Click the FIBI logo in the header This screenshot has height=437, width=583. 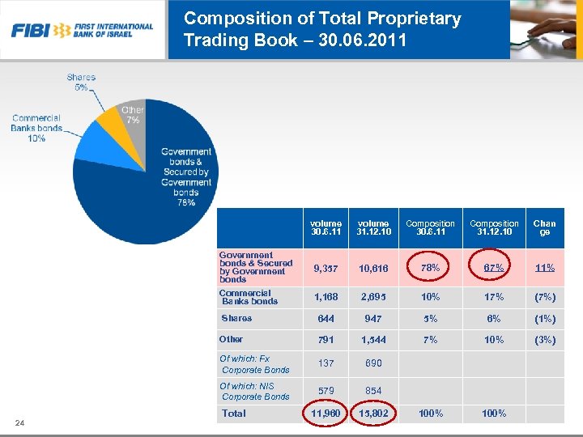[82, 30]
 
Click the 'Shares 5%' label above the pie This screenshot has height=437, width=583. [81, 82]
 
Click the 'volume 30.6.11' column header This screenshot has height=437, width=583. [326, 227]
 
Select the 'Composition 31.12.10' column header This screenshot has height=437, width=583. [494, 227]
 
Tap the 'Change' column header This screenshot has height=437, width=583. [544, 227]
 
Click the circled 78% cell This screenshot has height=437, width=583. [431, 268]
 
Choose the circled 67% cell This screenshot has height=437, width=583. [494, 268]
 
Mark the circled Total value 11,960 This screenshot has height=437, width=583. [326, 414]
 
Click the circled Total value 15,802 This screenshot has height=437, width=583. [373, 414]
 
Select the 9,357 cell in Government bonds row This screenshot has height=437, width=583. [326, 268]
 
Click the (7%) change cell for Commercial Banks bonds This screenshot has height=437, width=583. [544, 297]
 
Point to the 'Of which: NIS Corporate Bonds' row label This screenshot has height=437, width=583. [255, 392]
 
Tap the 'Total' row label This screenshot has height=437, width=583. [234, 414]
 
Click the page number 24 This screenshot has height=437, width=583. [19, 422]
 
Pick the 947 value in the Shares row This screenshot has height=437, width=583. [373, 319]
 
